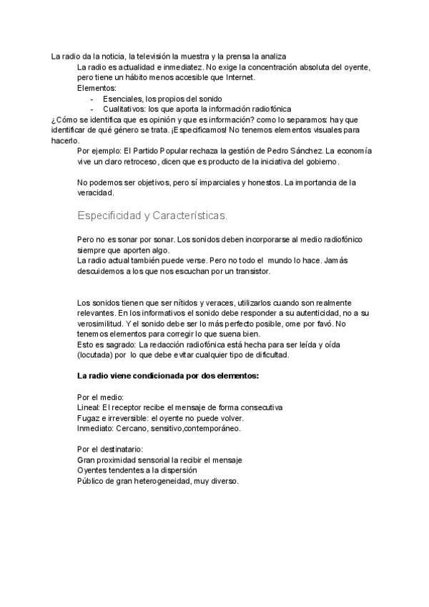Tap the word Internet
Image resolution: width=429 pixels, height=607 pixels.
[x=240, y=77]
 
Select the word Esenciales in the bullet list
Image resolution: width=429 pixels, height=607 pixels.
[x=123, y=98]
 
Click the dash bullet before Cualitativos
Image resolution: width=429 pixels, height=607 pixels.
[x=94, y=109]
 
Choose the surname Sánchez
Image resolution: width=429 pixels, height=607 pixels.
[x=302, y=152]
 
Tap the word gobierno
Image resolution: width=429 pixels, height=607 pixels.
[x=320, y=162]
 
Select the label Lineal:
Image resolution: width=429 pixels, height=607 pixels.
[x=89, y=407]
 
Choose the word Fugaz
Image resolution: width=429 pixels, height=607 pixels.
[x=88, y=418]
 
